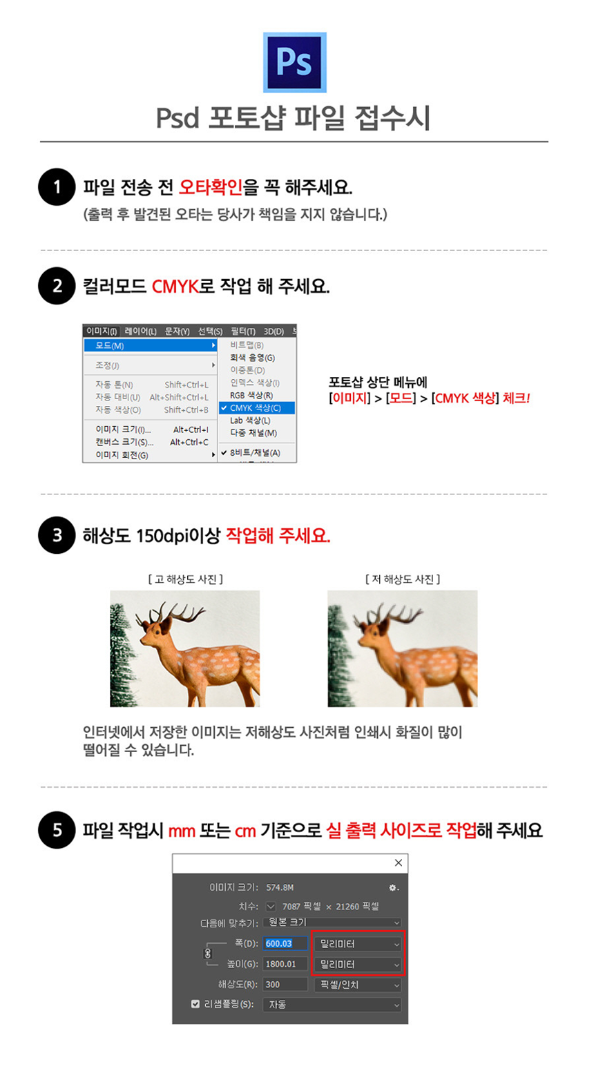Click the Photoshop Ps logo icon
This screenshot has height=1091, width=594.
[295, 62]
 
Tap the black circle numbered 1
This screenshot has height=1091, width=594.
[57, 187]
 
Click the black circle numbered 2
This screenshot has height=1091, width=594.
[57, 286]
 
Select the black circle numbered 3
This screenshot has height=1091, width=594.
[57, 535]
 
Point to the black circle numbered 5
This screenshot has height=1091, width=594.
[57, 830]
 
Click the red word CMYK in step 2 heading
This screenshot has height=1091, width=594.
[175, 287]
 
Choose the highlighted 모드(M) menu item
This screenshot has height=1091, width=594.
[150, 345]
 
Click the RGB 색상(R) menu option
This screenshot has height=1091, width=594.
[251, 395]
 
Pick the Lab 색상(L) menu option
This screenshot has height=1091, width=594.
[250, 421]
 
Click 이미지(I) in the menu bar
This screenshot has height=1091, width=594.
[102, 331]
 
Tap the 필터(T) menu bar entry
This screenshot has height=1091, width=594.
[243, 331]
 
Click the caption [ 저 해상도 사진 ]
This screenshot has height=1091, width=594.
[403, 579]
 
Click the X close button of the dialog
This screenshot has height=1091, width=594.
[398, 862]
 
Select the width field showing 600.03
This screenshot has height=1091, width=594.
[285, 943]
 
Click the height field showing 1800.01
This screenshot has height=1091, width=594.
[285, 964]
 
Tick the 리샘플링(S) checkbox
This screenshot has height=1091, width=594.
[195, 1004]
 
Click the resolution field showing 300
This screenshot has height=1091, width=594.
[285, 985]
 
